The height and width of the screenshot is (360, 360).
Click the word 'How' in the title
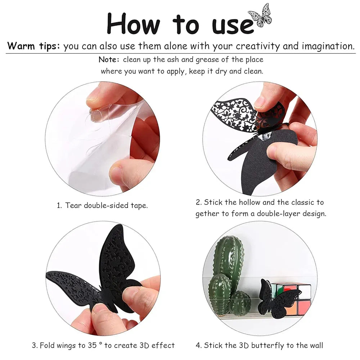133,24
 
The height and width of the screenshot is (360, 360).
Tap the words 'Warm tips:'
33,46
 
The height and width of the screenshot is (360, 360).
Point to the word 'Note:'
109,60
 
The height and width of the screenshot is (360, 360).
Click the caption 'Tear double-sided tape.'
106,205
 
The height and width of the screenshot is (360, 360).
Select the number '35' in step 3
92,345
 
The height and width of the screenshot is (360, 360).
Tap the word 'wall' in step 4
316,345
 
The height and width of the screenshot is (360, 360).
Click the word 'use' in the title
232,26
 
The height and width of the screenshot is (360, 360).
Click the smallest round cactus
240,303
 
